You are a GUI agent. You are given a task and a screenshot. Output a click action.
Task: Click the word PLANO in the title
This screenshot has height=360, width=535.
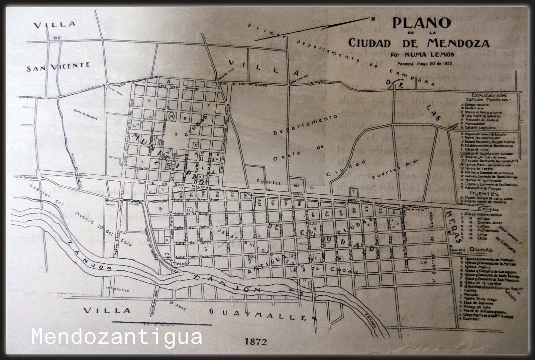421,23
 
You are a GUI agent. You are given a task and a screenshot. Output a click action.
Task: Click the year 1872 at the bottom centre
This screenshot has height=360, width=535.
256,342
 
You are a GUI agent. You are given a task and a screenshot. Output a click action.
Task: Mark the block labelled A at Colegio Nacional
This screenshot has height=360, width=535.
169,81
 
